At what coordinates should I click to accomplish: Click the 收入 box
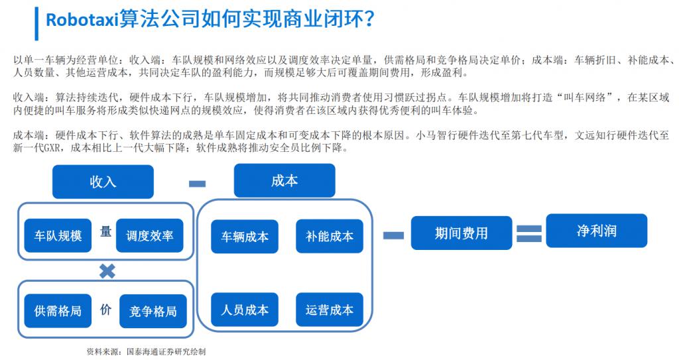pos(103,182)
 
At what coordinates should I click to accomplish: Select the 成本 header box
pos(284,180)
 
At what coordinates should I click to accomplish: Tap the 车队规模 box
pos(58,235)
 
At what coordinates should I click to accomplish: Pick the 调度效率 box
pos(149,235)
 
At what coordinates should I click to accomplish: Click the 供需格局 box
pos(58,310)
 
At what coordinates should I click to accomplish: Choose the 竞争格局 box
pos(153,310)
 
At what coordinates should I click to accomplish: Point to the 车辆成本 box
pos(245,236)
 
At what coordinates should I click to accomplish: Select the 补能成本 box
pos(330,236)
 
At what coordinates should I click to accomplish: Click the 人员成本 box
pos(245,310)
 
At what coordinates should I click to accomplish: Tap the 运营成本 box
pos(330,310)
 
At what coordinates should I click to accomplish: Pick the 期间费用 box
pos(462,233)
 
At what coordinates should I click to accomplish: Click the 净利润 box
pos(597,231)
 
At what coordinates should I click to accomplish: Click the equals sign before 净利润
pos(530,233)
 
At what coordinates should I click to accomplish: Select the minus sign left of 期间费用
pos(395,233)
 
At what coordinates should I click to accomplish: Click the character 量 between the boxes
pos(105,233)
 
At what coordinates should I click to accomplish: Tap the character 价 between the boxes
pos(105,309)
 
